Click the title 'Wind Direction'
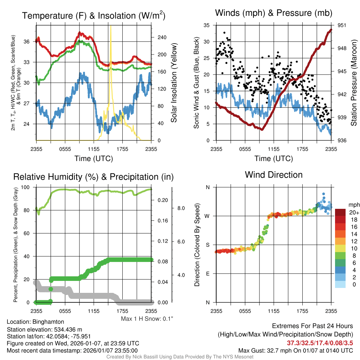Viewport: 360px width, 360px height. click(274, 174)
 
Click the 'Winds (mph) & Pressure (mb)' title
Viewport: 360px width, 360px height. click(274, 13)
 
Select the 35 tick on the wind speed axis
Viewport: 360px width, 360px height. click(207, 25)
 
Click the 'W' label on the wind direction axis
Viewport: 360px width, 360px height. click(207, 216)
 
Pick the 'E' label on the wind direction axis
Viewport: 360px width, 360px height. click(208, 274)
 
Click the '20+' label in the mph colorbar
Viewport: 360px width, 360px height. click(353, 213)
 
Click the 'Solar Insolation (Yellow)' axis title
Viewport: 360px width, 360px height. click(174, 83)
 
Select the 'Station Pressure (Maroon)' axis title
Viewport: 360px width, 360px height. click(354, 83)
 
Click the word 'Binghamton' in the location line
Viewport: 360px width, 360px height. click(48, 322)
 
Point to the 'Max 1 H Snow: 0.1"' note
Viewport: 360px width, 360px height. click(147, 319)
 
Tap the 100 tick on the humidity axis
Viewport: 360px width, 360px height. click(29, 187)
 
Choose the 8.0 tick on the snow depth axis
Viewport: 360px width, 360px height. click(181, 208)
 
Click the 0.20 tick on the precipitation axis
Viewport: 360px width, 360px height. click(162, 200)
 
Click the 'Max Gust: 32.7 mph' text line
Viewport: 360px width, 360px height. click(295, 351)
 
